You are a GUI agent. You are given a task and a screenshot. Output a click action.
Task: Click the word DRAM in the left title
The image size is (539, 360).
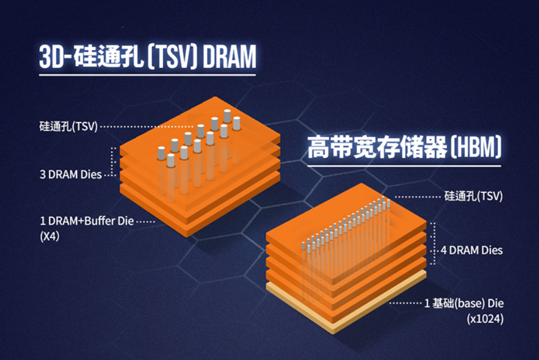pos(229,56)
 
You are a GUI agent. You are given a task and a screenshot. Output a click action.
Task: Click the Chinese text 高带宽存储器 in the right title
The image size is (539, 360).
pos(377,147)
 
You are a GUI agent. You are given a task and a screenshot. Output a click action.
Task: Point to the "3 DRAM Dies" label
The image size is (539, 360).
pos(71,175)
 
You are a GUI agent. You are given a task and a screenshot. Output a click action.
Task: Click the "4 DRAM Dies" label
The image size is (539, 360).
pos(472,250)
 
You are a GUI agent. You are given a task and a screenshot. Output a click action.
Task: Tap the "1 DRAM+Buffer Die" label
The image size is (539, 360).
pos(87,221)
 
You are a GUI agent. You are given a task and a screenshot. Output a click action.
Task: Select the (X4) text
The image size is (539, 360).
pos(50,236)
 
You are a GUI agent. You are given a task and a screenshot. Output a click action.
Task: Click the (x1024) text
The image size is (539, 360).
pos(485,319)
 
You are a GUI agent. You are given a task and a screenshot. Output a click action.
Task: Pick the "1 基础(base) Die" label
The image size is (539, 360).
pos(464,304)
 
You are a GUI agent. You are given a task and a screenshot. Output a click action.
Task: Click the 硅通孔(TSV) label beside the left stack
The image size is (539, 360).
pos(69,126)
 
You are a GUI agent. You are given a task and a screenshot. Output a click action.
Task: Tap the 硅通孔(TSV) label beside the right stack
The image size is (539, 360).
pos(473,196)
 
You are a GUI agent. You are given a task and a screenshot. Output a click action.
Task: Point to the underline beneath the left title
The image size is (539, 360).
pos(148,74)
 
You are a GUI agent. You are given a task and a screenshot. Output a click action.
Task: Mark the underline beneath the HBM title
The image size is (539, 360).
pos(404,166)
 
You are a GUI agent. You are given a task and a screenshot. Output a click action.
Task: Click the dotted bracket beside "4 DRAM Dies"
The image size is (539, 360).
pos(433,244)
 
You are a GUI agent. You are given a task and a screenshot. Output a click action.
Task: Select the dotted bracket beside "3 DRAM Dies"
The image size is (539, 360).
pos(112,161)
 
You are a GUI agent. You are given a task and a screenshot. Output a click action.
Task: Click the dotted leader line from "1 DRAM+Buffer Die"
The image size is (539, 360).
pos(146,222)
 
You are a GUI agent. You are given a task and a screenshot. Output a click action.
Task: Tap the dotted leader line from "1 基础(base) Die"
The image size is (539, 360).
pos(405,304)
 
